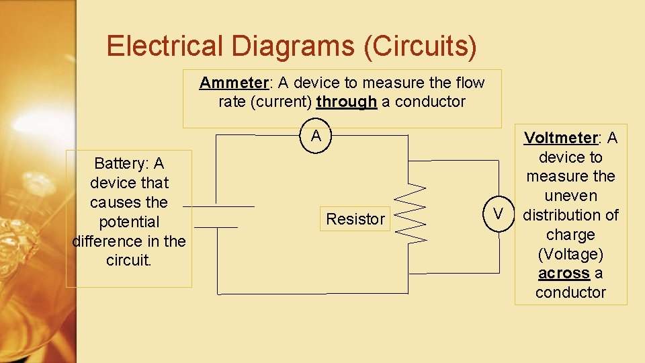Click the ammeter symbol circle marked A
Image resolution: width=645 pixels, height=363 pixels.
316,136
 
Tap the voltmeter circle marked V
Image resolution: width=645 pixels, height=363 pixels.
498,214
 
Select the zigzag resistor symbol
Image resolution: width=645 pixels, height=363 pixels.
411,214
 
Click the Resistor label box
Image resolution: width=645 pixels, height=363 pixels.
355,218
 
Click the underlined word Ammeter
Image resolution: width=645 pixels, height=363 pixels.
233,83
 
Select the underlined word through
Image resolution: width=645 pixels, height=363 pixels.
346,102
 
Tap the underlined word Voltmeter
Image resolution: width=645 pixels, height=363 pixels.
560,138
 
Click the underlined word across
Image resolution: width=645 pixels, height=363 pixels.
564,273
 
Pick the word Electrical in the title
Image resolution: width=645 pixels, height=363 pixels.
165,46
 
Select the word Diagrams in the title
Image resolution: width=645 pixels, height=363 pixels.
294,46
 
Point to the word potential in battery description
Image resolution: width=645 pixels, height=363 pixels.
129,222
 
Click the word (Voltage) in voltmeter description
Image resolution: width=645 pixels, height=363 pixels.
570,254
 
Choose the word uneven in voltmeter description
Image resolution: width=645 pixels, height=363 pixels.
570,196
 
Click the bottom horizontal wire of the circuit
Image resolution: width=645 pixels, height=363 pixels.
312,294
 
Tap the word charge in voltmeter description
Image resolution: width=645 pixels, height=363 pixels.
570,235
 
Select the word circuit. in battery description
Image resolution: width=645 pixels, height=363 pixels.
129,260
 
